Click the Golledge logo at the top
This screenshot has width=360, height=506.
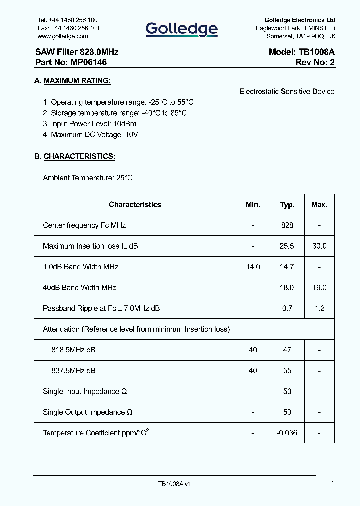tap(181, 30)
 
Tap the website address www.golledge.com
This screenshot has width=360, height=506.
tap(63, 36)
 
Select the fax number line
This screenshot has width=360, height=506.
tap(68, 28)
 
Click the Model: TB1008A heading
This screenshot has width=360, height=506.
tap(301, 52)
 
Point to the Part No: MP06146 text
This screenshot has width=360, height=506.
tap(71, 62)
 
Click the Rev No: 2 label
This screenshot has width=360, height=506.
tap(315, 62)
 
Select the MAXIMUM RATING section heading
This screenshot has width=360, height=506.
tap(77, 81)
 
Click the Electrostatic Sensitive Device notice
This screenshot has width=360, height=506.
tap(287, 91)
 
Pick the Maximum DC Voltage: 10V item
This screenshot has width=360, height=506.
tap(90, 135)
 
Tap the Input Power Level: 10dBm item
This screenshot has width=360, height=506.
tap(89, 124)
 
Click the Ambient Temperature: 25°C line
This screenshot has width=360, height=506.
tap(88, 178)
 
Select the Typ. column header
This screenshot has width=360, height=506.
tap(287, 205)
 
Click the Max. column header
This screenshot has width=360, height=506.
tap(319, 205)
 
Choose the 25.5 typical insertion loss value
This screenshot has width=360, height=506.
tap(287, 246)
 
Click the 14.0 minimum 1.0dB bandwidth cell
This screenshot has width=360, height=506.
tap(253, 267)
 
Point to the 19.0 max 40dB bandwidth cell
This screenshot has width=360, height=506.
tap(319, 288)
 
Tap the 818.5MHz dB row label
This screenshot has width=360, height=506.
tap(73, 350)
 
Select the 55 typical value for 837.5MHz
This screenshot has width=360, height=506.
tap(287, 371)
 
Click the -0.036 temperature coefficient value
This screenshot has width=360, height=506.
tap(287, 433)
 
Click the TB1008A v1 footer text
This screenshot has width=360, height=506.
tap(175, 484)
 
